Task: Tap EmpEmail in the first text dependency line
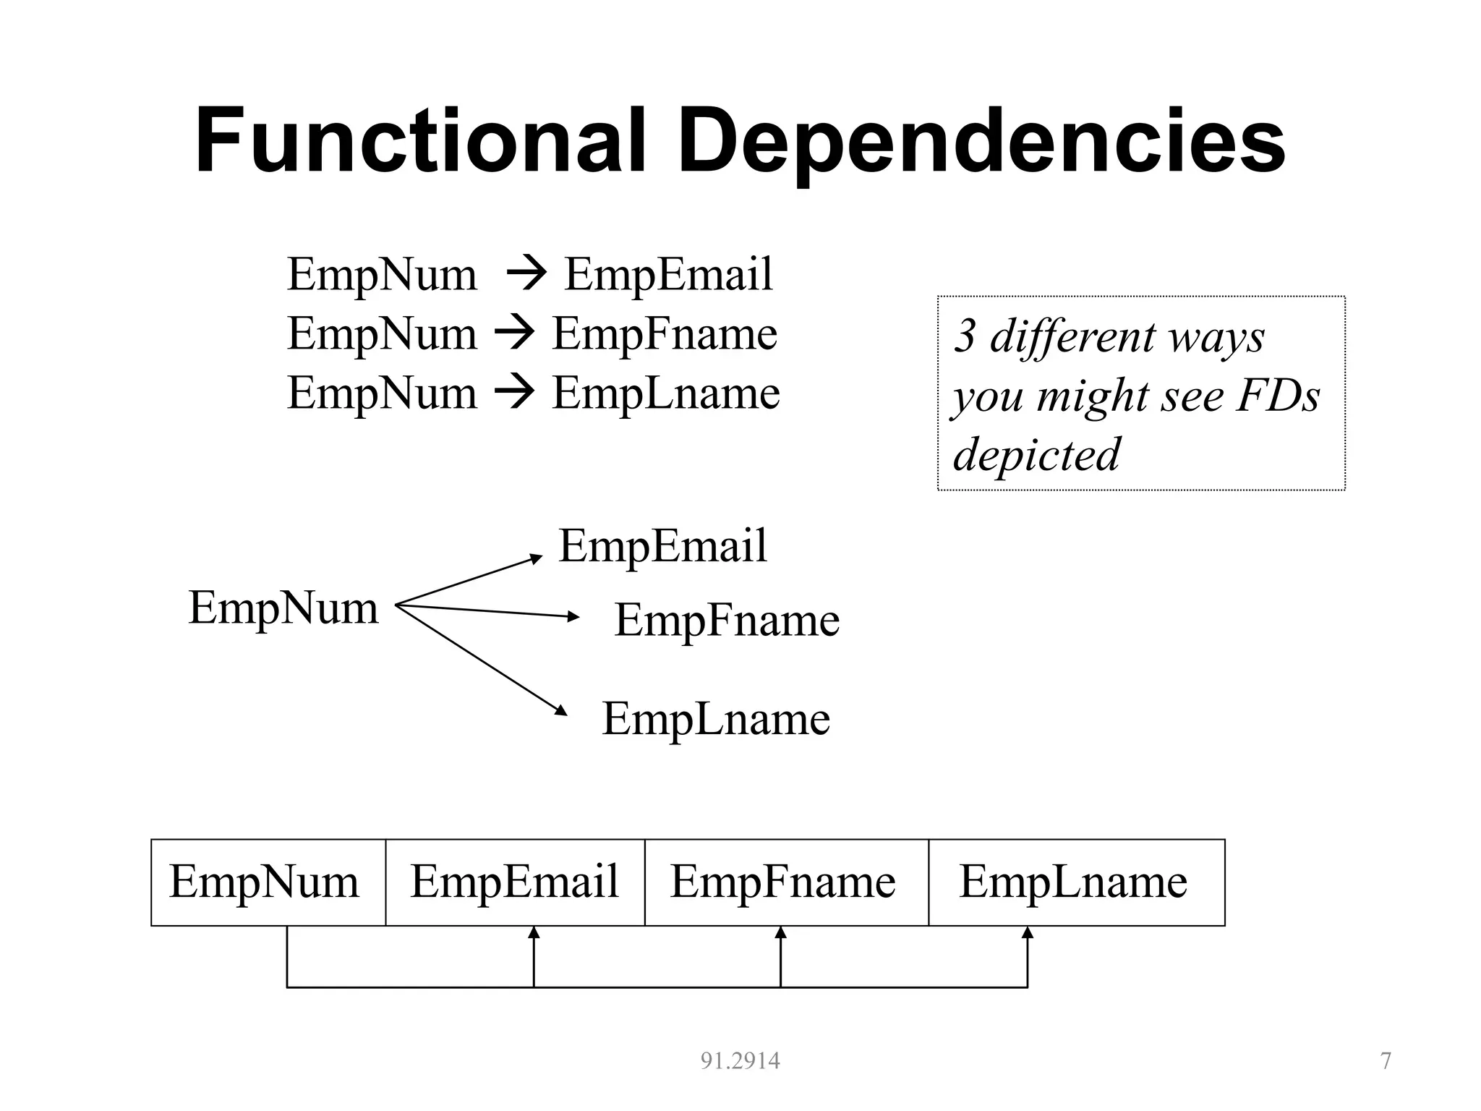tap(668, 275)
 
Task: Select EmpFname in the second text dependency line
tap(665, 334)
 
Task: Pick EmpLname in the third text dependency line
tap(666, 393)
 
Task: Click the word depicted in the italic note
tap(1036, 455)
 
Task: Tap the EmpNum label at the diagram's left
tap(283, 608)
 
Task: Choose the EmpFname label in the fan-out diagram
tap(727, 621)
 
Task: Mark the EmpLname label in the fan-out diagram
tap(716, 719)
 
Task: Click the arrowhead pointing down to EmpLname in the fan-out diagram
tap(561, 710)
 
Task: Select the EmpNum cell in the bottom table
tap(265, 882)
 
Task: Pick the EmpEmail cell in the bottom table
tap(514, 882)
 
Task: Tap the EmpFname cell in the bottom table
tap(783, 882)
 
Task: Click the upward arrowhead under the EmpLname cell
tap(1027, 933)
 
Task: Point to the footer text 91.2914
tap(740, 1061)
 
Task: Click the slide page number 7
tap(1386, 1061)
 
